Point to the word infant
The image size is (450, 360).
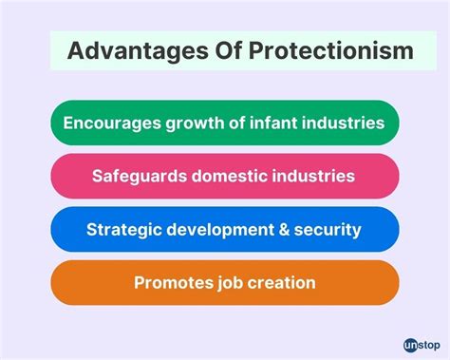coord(286,123)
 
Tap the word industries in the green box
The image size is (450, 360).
coord(348,123)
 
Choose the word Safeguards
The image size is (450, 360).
coord(141,176)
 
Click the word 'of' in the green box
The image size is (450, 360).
coord(247,123)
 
